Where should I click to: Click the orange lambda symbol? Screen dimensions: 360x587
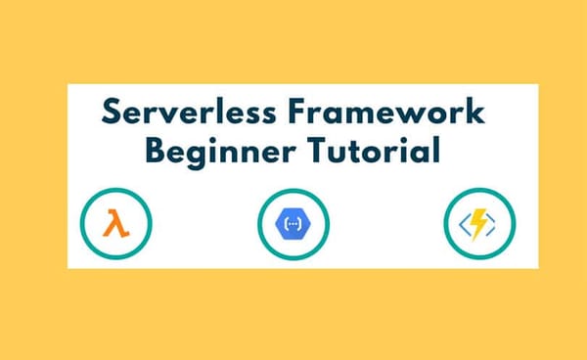115,225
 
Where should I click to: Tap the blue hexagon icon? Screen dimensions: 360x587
293,225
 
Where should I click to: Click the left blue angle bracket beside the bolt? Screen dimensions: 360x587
464,226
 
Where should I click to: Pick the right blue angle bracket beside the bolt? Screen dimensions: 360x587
496,226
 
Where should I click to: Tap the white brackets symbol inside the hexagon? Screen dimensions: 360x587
293,225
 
